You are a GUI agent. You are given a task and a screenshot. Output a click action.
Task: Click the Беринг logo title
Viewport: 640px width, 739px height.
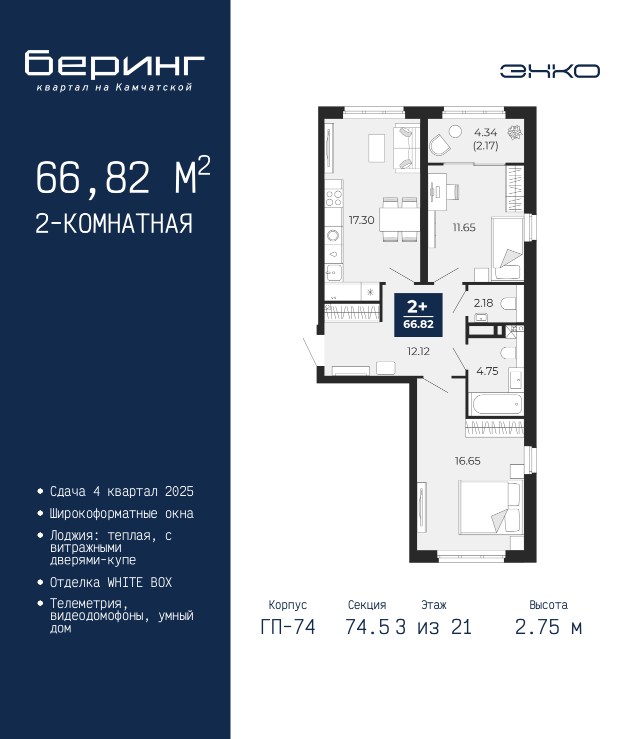pos(114,65)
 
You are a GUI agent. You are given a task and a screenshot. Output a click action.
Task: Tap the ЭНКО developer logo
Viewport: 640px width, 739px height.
pos(549,71)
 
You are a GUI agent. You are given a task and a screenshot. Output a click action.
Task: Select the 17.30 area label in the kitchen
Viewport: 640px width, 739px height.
pos(361,220)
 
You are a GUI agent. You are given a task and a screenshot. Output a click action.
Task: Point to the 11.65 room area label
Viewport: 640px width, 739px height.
pos(464,228)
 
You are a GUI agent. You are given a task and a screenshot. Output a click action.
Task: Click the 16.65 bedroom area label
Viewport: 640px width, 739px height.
pos(467,461)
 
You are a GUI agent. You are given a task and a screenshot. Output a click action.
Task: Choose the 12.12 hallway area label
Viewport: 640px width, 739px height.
pos(418,351)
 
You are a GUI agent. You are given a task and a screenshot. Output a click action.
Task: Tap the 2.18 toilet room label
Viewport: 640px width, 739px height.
pos(483,303)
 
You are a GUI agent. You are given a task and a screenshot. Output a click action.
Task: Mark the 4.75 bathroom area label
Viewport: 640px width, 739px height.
pos(487,371)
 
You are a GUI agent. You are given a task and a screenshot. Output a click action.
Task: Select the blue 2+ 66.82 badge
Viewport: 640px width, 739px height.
pos(418,315)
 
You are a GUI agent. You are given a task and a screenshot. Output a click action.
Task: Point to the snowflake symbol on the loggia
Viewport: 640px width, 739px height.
pos(515,133)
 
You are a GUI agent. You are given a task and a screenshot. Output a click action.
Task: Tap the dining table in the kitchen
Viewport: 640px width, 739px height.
pos(399,220)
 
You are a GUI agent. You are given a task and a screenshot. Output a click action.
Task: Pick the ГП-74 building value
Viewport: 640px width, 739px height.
pos(287,627)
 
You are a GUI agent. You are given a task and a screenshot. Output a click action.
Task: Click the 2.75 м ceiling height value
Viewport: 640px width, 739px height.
pos(548,627)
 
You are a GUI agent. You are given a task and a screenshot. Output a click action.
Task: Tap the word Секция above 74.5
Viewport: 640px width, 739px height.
pos(367,605)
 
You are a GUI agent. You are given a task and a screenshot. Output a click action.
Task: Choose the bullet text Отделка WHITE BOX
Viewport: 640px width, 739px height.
pos(111,582)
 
